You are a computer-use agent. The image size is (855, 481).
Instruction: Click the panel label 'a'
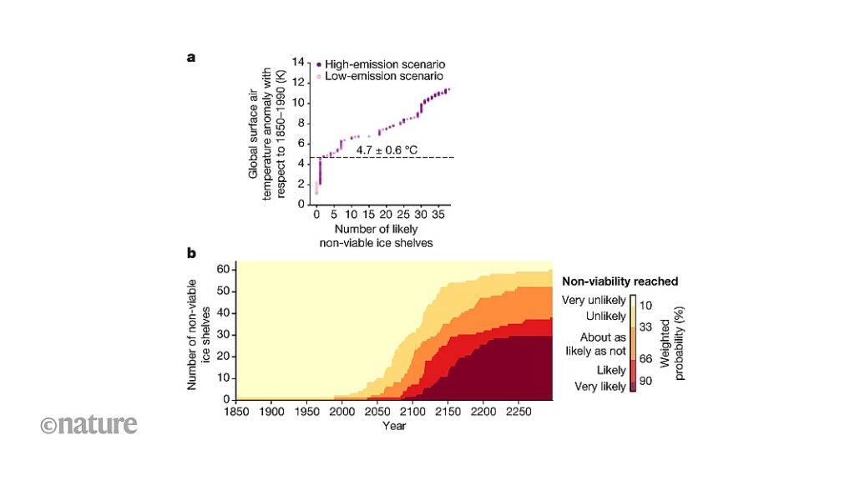(x=191, y=58)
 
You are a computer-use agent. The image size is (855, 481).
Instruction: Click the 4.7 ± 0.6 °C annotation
(x=387, y=149)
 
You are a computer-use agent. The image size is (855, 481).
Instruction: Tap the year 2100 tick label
(x=412, y=412)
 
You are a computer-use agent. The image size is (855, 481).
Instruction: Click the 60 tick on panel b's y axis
(x=223, y=269)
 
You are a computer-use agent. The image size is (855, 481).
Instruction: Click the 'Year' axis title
(x=394, y=426)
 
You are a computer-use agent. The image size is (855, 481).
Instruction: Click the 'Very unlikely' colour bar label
(x=594, y=300)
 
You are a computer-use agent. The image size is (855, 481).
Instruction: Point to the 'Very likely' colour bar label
(x=600, y=387)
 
